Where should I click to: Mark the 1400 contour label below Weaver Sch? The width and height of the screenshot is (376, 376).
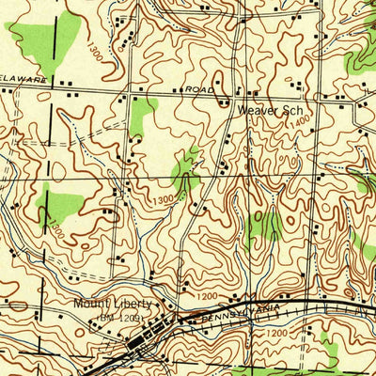(x=300, y=123)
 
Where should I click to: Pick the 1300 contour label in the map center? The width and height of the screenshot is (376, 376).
(x=162, y=199)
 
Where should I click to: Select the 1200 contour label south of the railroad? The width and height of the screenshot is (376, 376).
(x=275, y=332)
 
